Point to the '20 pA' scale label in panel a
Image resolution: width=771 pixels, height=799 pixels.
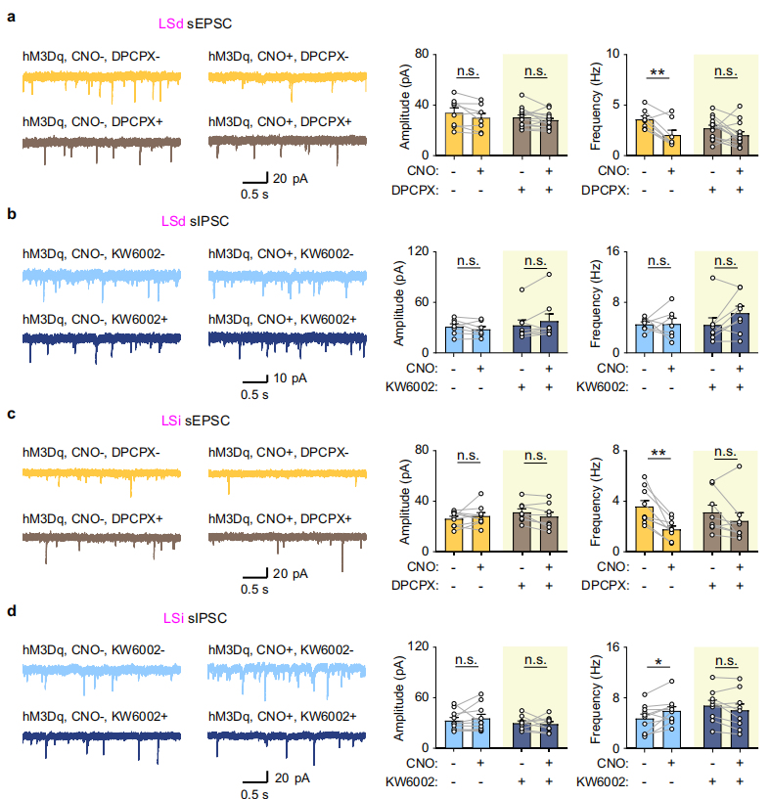292,178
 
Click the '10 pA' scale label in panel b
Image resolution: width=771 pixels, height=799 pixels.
292,377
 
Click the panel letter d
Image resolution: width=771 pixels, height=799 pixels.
11,611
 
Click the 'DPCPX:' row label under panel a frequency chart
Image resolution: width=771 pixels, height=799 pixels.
604,190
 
